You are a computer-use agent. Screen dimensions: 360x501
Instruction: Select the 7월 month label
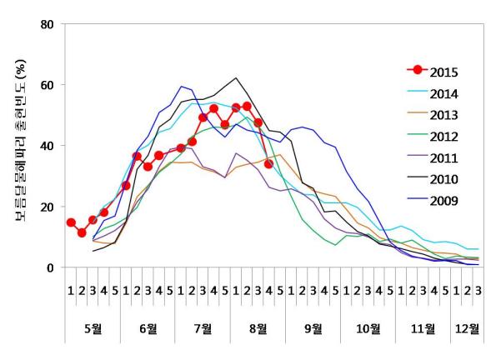[x=203, y=327]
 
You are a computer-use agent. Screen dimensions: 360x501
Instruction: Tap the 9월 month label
[x=313, y=327]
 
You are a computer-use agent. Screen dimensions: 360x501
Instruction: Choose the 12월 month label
[x=467, y=327]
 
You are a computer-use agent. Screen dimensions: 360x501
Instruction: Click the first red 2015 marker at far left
[x=71, y=223]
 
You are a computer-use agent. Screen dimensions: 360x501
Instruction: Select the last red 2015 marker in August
[x=268, y=164]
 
